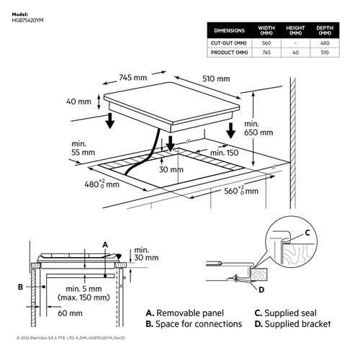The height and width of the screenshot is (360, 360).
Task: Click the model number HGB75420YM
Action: (28, 19)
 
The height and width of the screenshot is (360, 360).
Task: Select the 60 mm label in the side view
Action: (70, 313)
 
